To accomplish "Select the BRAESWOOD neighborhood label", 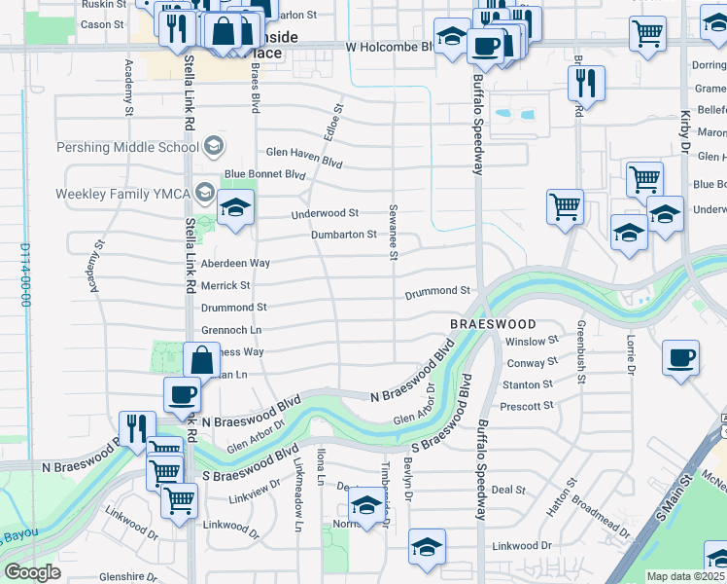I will click(x=493, y=323).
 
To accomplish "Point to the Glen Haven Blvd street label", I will click(x=304, y=153).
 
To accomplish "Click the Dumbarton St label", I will click(x=343, y=235).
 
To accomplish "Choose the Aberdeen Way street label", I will click(x=235, y=264).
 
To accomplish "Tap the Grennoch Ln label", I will click(x=231, y=330).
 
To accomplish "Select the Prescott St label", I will click(x=528, y=405).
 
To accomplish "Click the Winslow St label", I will click(x=532, y=341).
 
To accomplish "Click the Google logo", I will click(x=32, y=572).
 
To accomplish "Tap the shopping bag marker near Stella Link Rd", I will click(x=201, y=359).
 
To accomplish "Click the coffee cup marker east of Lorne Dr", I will click(x=680, y=357).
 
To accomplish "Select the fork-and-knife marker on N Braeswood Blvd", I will click(x=137, y=428).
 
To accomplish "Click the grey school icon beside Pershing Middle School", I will click(x=213, y=147).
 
